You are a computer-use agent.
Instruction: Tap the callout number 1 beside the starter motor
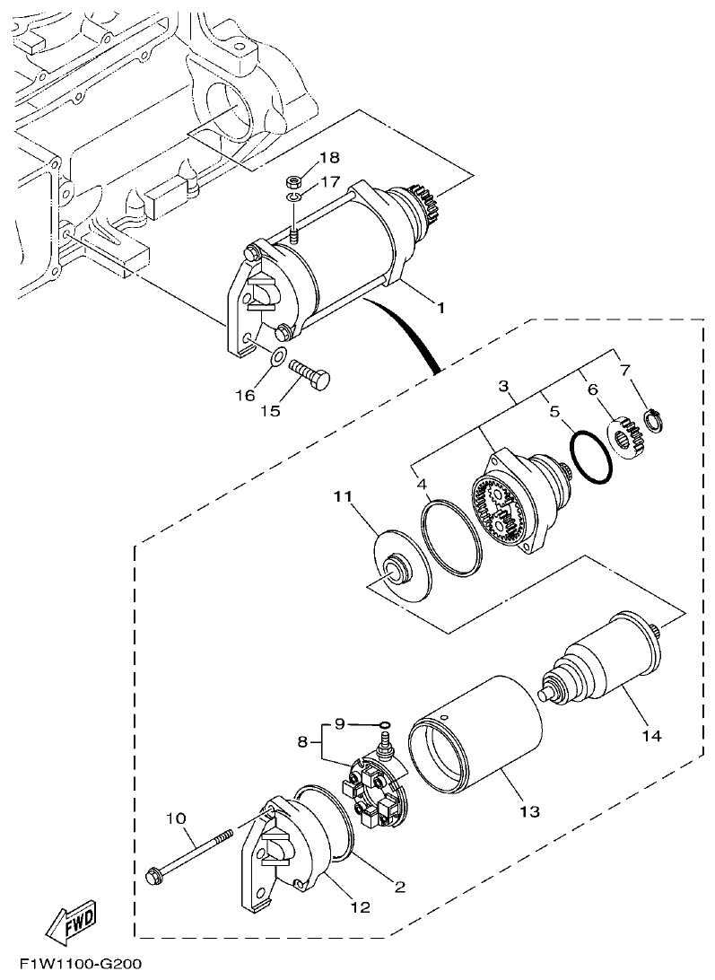pos(440,308)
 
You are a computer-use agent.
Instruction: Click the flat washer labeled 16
pos(279,359)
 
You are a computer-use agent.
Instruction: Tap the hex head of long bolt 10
pos(153,873)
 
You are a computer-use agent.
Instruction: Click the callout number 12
pos(360,907)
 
